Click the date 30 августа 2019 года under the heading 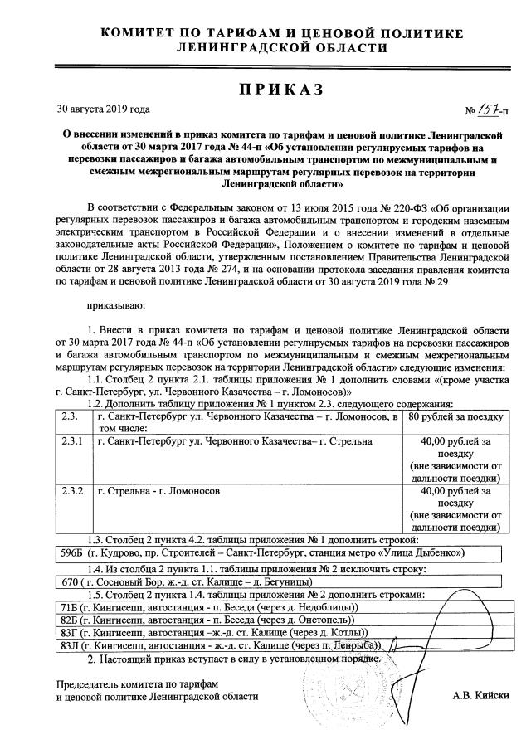(102, 109)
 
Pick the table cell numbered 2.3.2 (72, 492)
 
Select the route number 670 (67, 582)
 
